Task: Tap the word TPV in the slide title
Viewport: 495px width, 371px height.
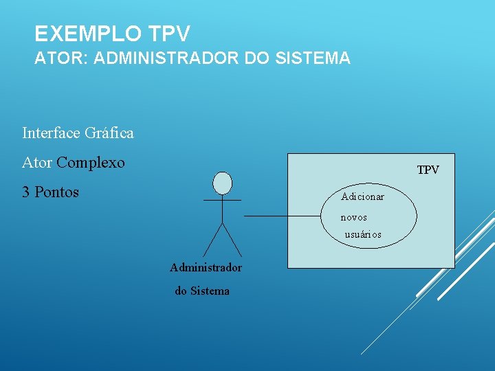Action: tap(168, 33)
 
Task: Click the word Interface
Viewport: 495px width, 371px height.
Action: tap(50, 133)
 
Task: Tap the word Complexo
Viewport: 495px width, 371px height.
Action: tap(91, 163)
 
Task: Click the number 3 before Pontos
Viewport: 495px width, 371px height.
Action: tap(26, 192)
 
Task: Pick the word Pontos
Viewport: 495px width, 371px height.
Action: tap(56, 192)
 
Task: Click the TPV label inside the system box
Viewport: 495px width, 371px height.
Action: tap(428, 170)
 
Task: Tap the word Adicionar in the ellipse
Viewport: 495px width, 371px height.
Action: tap(362, 197)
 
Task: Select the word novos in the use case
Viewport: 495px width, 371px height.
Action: tap(354, 217)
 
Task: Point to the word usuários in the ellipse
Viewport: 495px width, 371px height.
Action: tap(363, 235)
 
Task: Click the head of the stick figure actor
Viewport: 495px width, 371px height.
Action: tap(222, 183)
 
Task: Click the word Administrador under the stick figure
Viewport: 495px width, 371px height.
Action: tap(206, 267)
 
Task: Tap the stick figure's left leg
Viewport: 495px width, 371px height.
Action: tap(212, 240)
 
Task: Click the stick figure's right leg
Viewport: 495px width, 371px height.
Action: tap(232, 240)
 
